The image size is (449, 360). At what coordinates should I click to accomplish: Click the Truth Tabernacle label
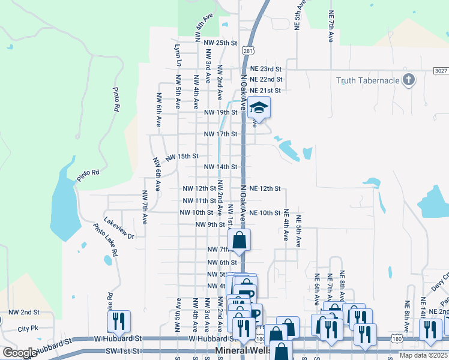click(368, 80)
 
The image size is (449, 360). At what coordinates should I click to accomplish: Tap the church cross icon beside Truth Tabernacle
click(408, 80)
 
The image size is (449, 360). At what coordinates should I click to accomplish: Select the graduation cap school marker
click(259, 107)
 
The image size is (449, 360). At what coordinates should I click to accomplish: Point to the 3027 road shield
click(441, 70)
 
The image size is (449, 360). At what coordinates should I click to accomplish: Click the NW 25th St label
click(221, 43)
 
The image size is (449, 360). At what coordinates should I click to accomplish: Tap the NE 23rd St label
click(266, 69)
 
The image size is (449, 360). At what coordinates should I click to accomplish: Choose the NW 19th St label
click(221, 112)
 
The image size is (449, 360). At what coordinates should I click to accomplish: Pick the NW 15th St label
click(182, 156)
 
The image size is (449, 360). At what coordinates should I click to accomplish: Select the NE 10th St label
click(265, 213)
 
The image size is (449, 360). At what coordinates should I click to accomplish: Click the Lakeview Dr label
click(119, 228)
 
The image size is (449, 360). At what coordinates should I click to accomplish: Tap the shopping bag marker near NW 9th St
click(239, 240)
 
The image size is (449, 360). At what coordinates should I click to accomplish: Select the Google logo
click(19, 353)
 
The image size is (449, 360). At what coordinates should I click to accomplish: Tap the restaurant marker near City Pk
click(119, 322)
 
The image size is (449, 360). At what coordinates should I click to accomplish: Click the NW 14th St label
click(221, 167)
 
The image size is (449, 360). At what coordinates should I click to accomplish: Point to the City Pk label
click(28, 329)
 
